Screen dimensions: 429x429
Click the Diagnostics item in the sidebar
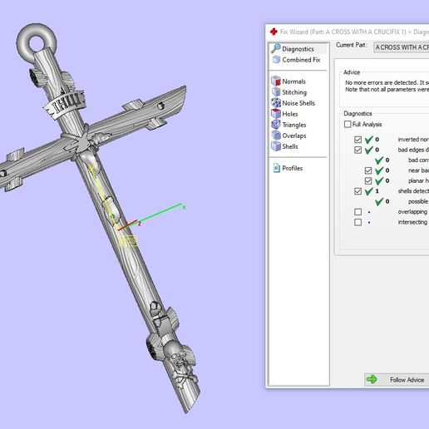[297, 49]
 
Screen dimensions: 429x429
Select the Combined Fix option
[300, 60]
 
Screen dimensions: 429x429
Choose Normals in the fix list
[293, 81]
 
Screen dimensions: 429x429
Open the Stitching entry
[293, 92]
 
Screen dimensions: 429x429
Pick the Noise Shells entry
[298, 103]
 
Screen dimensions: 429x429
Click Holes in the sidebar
[289, 114]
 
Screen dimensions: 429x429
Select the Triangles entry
[293, 125]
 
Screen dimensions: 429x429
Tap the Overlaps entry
[293, 136]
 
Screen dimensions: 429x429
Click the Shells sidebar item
[289, 146]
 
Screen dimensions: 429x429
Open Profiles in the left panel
[292, 168]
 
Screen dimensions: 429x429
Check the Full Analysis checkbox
[348, 125]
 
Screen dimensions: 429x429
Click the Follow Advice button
[397, 379]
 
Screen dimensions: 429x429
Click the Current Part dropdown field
[401, 48]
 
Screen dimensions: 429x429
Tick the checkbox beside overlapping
[358, 211]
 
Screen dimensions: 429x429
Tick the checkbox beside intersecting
[358, 222]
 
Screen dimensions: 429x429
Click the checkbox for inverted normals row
[358, 140]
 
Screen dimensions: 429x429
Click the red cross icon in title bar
[273, 31]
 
